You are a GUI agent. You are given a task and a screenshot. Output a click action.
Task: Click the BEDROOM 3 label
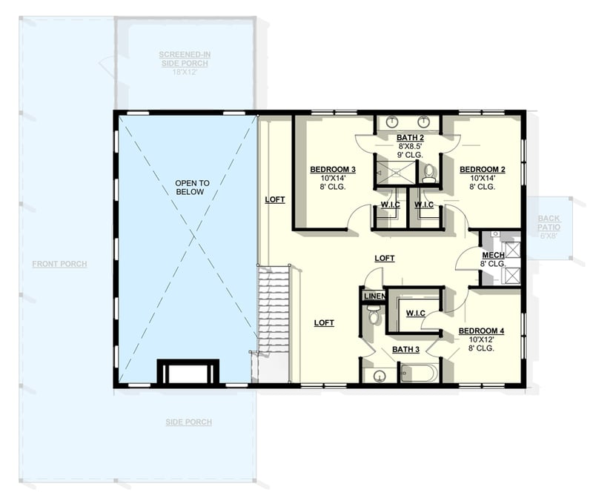[328, 170]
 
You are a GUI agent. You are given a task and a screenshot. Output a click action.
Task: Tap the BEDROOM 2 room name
[482, 170]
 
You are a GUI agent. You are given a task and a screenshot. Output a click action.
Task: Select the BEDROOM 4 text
[481, 331]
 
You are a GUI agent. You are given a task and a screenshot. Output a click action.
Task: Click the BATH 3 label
[405, 349]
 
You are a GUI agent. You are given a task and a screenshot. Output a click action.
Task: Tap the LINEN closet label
[374, 297]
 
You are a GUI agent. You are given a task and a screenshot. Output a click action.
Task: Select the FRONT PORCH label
[59, 264]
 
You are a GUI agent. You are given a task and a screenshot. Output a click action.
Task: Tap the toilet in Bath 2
[429, 173]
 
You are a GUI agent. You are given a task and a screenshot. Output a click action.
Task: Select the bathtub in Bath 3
[420, 372]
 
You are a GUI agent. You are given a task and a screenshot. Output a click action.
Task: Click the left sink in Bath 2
[392, 122]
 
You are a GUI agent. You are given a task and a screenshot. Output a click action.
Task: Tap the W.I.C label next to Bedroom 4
[414, 313]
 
